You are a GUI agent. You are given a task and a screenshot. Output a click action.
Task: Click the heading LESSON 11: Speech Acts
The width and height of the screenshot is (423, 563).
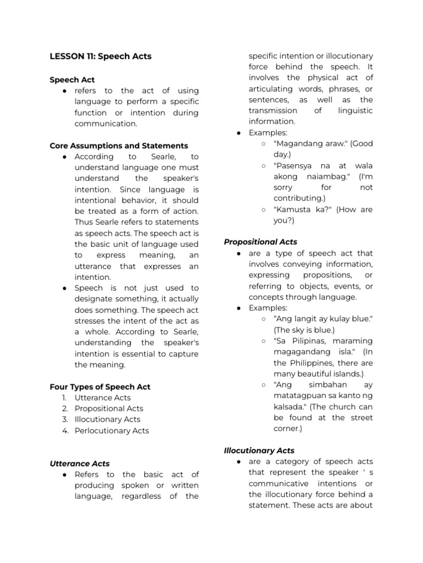point(100,56)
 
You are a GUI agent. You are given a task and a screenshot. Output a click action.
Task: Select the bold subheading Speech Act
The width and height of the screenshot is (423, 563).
point(72,80)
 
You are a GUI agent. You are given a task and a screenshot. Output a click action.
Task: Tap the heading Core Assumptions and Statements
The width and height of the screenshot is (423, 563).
point(118,146)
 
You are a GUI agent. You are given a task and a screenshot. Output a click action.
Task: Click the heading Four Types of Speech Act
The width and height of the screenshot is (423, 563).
point(100,387)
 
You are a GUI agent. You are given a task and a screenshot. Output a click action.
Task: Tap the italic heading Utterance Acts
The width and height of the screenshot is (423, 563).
point(79,463)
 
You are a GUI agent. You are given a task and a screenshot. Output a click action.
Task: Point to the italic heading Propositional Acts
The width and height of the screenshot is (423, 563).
point(261,241)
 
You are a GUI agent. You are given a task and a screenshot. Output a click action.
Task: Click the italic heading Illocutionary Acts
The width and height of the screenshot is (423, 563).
point(259,450)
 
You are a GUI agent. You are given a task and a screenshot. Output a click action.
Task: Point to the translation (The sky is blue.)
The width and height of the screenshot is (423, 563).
point(304,330)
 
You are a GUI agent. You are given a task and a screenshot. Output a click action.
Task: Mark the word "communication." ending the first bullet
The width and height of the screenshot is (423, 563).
point(106,124)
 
